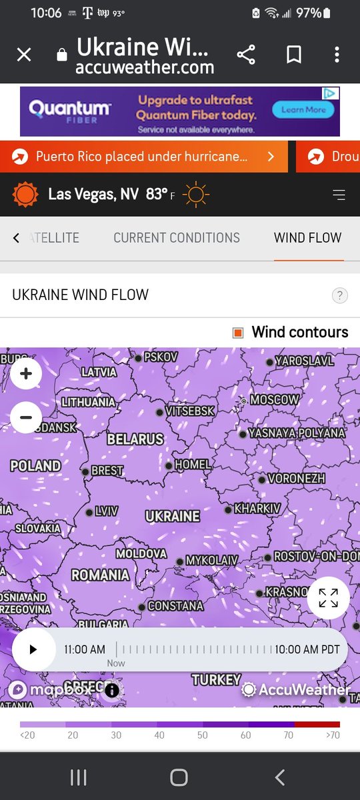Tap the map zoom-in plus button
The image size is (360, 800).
[x=26, y=374]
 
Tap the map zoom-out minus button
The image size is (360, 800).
[x=26, y=418]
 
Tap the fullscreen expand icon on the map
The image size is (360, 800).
[x=328, y=598]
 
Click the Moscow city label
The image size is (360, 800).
[x=274, y=400]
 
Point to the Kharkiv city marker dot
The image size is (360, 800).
[x=229, y=509]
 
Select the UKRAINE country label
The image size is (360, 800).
[x=173, y=516]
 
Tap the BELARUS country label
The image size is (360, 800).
[x=135, y=439]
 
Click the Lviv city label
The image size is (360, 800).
[x=107, y=511]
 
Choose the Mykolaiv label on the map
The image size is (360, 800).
[x=211, y=561]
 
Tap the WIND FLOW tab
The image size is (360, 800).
[x=307, y=238]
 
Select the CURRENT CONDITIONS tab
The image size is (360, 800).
[x=177, y=238]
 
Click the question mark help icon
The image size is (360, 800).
[x=339, y=295]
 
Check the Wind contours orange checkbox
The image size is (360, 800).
[x=238, y=333]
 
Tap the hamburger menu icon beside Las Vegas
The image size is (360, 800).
[x=339, y=195]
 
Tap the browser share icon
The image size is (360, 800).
[x=246, y=55]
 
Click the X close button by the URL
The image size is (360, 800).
[x=23, y=55]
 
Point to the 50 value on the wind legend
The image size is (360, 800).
[x=203, y=735]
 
